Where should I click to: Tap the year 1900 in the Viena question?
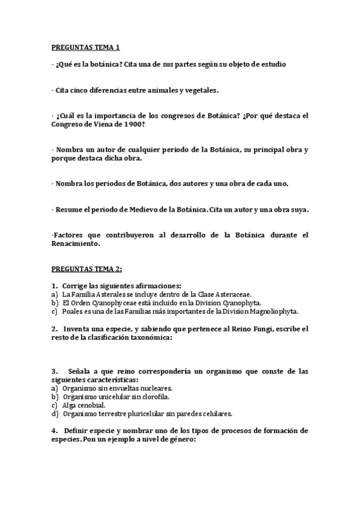[132, 124]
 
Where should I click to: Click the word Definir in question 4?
[76, 431]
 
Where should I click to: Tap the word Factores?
[72, 236]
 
